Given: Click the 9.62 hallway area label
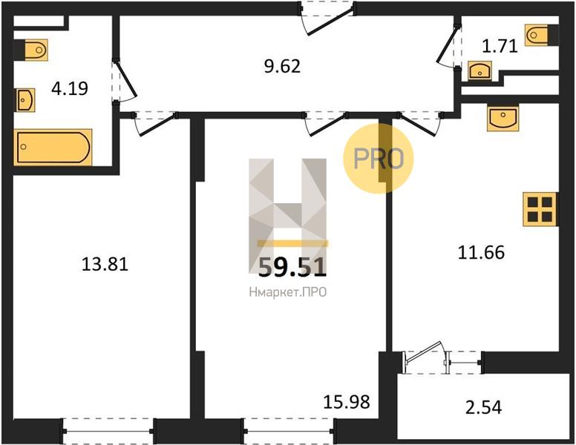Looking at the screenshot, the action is pyautogui.click(x=282, y=67).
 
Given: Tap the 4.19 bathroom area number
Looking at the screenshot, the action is pyautogui.click(x=70, y=88).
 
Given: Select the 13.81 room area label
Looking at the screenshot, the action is pyautogui.click(x=105, y=264).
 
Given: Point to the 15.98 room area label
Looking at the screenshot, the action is pyautogui.click(x=347, y=402).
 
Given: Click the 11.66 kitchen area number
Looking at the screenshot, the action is pyautogui.click(x=481, y=253).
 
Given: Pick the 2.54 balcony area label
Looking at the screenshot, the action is pyautogui.click(x=483, y=408).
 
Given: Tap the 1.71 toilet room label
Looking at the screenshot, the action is pyautogui.click(x=500, y=47).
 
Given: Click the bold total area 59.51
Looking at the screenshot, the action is pyautogui.click(x=292, y=267).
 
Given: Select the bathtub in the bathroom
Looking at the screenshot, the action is pyautogui.click(x=53, y=148).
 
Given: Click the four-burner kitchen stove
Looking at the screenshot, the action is pyautogui.click(x=540, y=209).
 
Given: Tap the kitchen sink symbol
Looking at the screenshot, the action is pyautogui.click(x=503, y=118).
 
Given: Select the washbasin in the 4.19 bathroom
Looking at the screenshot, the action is pyautogui.click(x=24, y=100).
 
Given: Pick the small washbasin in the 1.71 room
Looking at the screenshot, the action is pyautogui.click(x=480, y=70).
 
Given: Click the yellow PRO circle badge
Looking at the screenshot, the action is pyautogui.click(x=379, y=158).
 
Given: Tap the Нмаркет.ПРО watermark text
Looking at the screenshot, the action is pyautogui.click(x=288, y=293).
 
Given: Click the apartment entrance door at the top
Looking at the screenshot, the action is pyautogui.click(x=327, y=19).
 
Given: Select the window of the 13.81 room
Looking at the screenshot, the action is pyautogui.click(x=108, y=432).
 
